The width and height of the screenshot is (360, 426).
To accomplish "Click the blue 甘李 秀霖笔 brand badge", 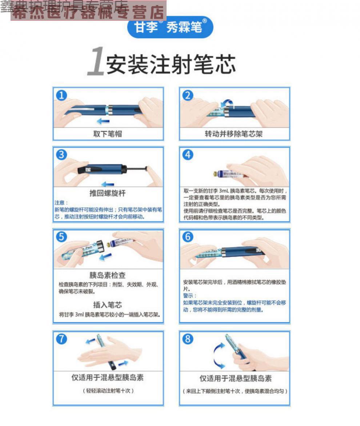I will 170,27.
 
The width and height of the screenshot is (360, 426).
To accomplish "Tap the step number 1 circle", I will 61,95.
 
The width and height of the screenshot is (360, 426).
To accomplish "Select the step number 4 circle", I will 188,155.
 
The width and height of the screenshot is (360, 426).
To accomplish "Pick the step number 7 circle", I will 61,339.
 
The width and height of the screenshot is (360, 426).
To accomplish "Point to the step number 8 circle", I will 188,339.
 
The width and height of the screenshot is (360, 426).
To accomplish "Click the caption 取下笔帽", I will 108,134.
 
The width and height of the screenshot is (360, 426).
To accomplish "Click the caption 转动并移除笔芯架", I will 233,134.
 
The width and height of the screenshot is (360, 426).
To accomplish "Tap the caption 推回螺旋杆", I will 108,193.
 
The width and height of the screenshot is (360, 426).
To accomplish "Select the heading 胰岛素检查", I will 108,275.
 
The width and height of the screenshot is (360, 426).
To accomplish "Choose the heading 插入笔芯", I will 108,304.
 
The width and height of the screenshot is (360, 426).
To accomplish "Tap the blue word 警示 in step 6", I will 189,296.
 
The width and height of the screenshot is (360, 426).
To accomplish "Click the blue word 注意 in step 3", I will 61,203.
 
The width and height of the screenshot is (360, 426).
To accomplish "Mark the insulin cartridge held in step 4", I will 229,174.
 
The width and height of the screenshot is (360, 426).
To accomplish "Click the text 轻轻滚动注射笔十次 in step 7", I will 108,391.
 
